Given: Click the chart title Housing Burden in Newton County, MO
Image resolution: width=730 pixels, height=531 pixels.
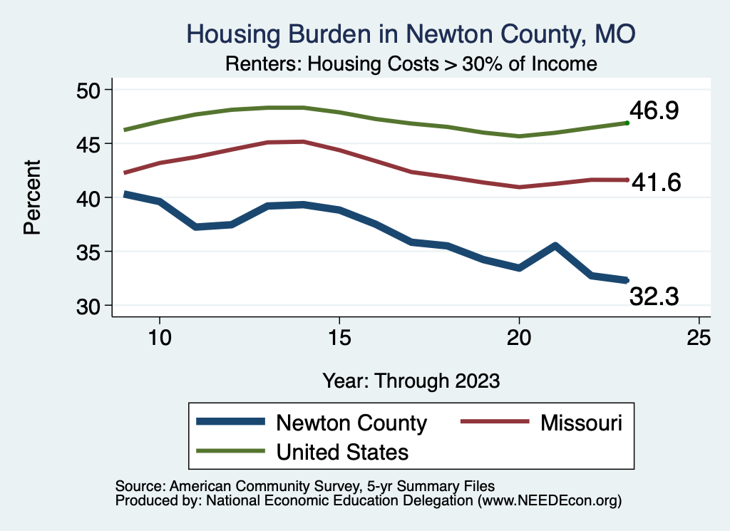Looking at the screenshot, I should [x=410, y=33].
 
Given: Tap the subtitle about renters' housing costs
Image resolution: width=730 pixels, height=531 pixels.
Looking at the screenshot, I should [x=411, y=63].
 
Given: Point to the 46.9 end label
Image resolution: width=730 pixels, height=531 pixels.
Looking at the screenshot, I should [x=654, y=111].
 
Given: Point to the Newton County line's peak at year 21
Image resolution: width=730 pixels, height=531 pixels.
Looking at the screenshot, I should [x=555, y=246].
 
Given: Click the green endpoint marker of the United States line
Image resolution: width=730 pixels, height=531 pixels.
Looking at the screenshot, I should [x=627, y=123].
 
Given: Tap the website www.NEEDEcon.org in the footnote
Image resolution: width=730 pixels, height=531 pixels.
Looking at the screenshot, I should [x=550, y=501].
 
